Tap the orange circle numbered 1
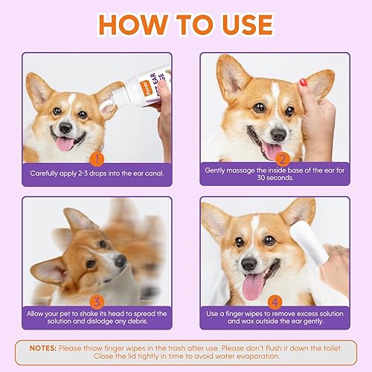(x=95, y=158)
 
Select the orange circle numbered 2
(x=282, y=158)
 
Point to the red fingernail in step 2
(x=304, y=82)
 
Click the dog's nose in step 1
(x=67, y=128)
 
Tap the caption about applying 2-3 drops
(x=96, y=173)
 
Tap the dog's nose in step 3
(x=121, y=260)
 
